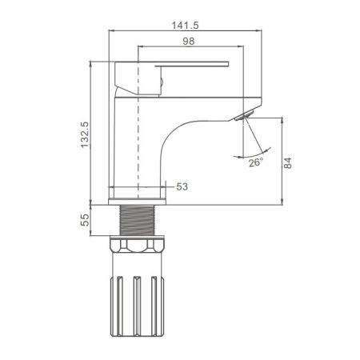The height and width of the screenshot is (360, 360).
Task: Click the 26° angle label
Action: click(254, 163)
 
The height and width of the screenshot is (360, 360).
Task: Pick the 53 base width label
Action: click(182, 186)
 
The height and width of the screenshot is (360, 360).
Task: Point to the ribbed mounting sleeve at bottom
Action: click(140, 300)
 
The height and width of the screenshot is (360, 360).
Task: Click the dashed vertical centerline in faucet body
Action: click(140, 128)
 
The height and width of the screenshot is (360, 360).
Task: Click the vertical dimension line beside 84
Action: click(282, 160)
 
